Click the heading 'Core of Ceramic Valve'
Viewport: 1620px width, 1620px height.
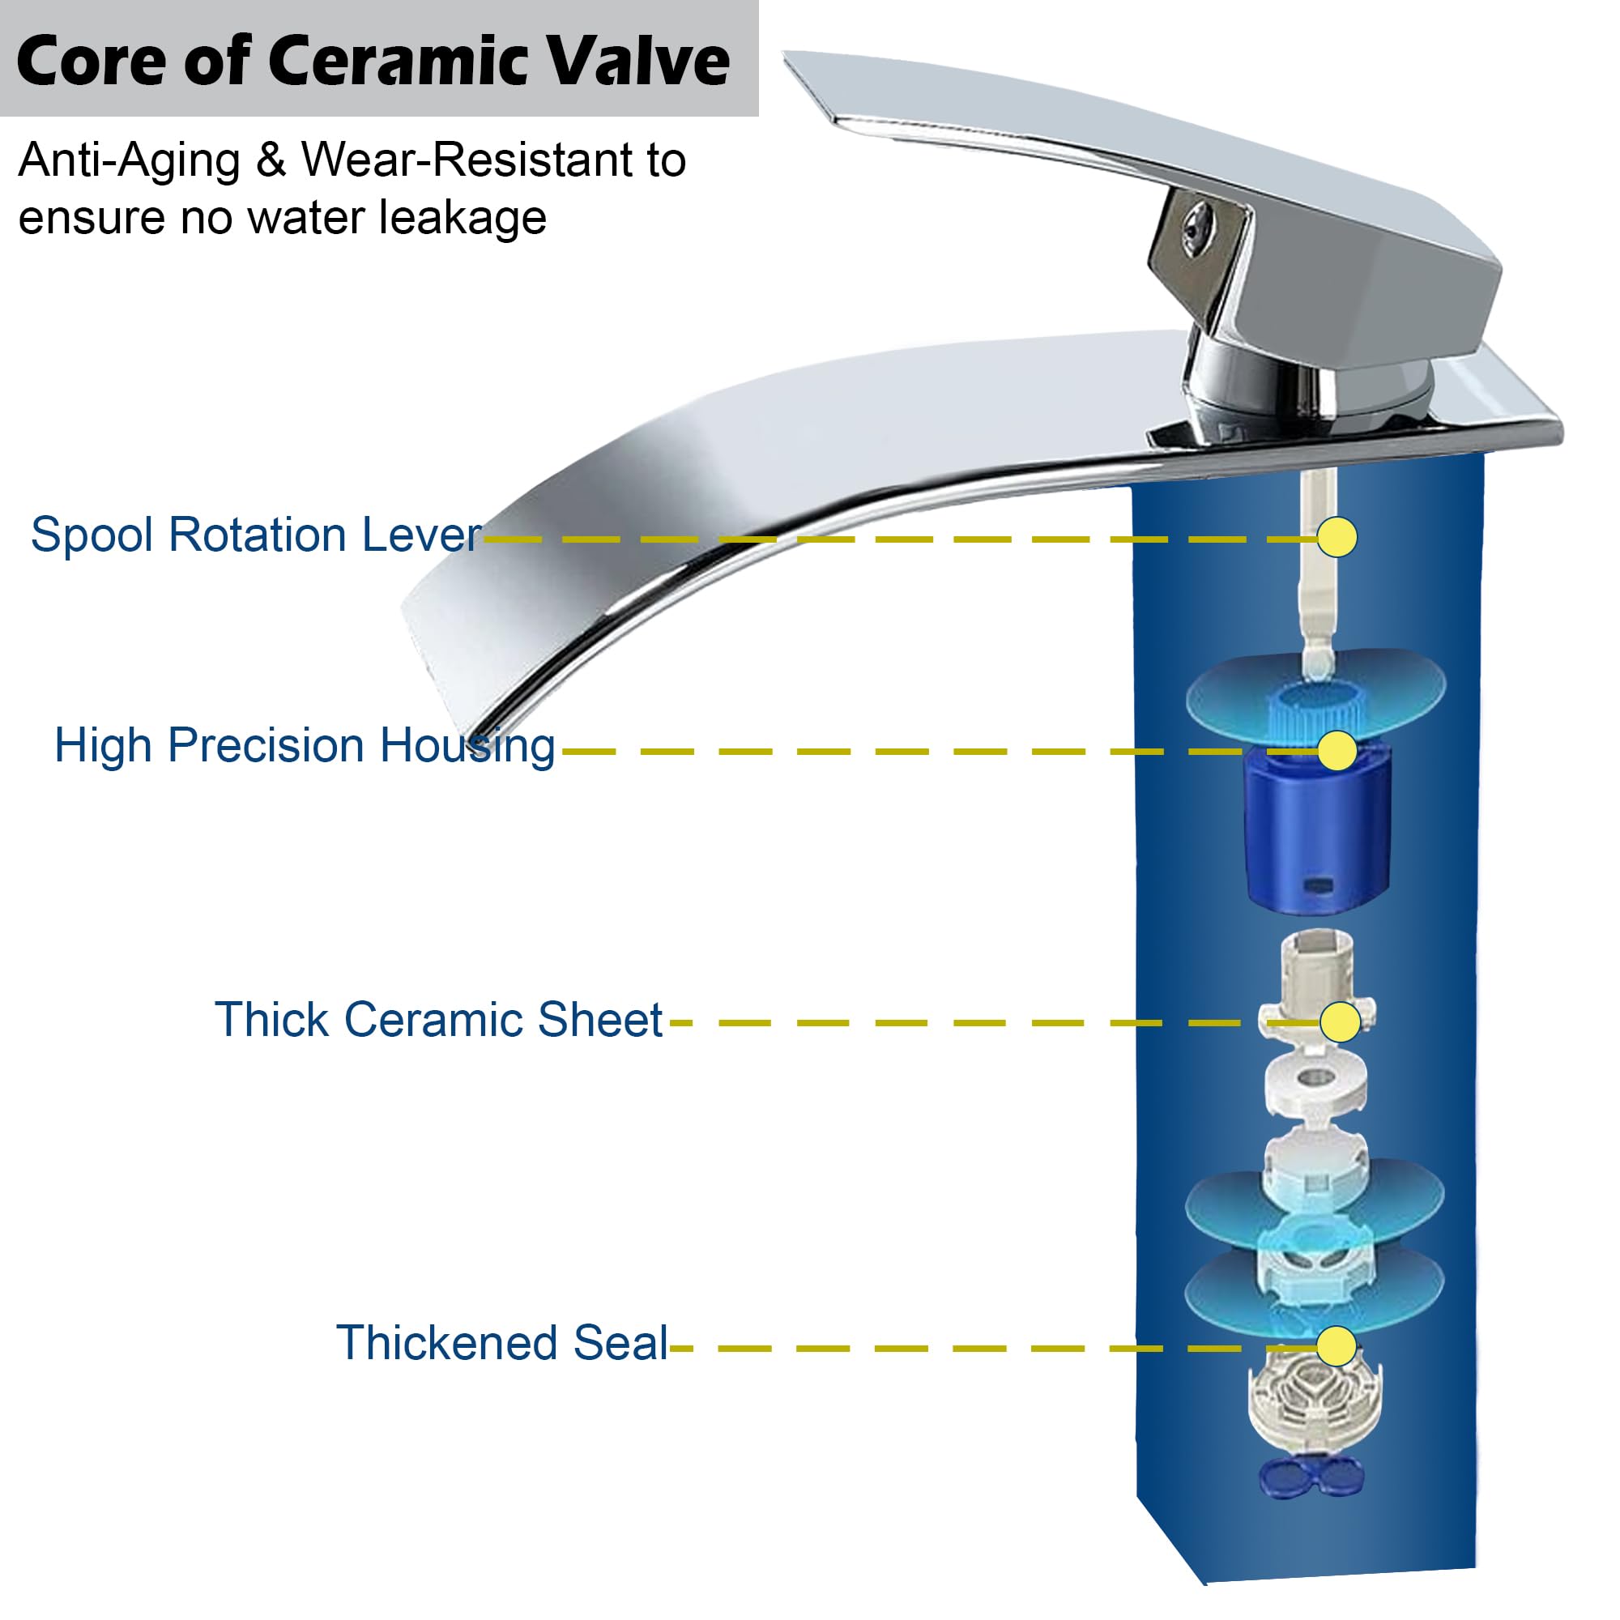coord(373,61)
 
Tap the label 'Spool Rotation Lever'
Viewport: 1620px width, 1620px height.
coord(256,534)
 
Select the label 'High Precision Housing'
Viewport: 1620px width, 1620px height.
coord(305,745)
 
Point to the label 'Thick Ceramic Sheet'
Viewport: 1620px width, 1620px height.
coord(438,1020)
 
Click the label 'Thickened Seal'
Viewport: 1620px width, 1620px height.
coord(501,1342)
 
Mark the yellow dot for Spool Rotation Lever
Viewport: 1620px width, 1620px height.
coord(1336,537)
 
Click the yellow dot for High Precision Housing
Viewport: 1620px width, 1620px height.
coord(1336,751)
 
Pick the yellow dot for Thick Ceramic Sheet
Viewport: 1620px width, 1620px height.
coord(1339,1022)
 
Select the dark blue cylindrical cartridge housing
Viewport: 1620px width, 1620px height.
coord(1316,830)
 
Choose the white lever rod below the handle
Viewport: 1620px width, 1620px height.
coord(1316,570)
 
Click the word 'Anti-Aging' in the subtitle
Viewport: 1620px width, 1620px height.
coord(130,161)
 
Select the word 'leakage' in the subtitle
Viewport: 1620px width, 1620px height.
coord(463,219)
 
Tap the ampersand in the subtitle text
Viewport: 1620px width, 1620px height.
coord(271,160)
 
